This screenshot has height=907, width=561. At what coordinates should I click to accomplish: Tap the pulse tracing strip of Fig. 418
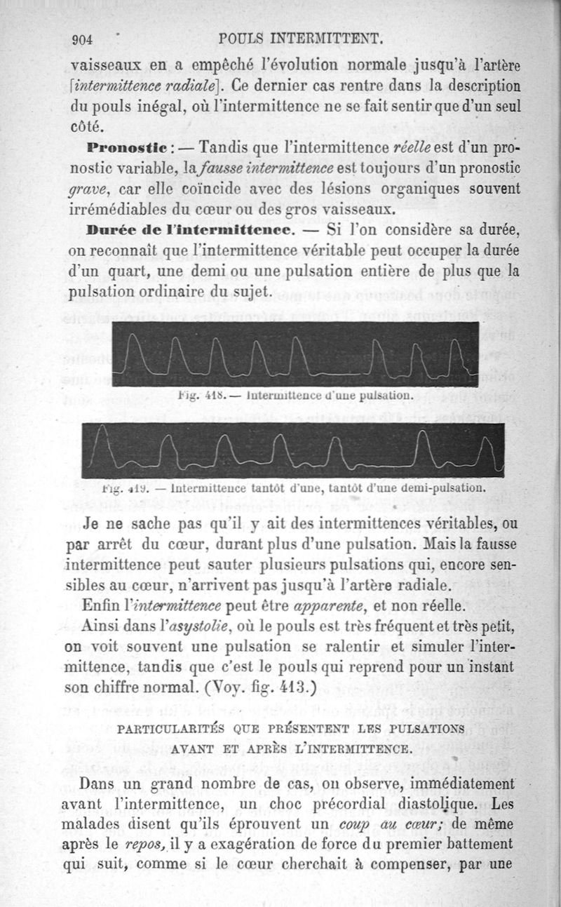point(295,353)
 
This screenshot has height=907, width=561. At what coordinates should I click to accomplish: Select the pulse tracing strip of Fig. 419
point(293,450)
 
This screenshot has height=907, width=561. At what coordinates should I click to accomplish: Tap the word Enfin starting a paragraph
point(102,605)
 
